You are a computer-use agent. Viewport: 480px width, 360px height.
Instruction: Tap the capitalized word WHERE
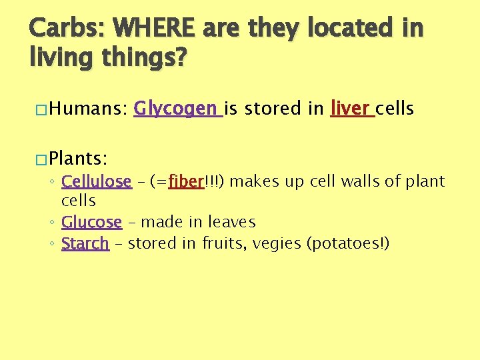pyautogui.click(x=155, y=29)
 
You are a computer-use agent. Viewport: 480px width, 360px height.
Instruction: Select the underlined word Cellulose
pyautogui.click(x=96, y=182)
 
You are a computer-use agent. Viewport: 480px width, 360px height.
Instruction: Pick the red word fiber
pyautogui.click(x=185, y=182)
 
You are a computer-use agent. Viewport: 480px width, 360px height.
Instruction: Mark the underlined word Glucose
pyautogui.click(x=91, y=222)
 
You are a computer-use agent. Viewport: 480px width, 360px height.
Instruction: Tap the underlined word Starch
pyautogui.click(x=85, y=244)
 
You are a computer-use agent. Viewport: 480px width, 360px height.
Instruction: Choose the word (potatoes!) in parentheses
pyautogui.click(x=347, y=244)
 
